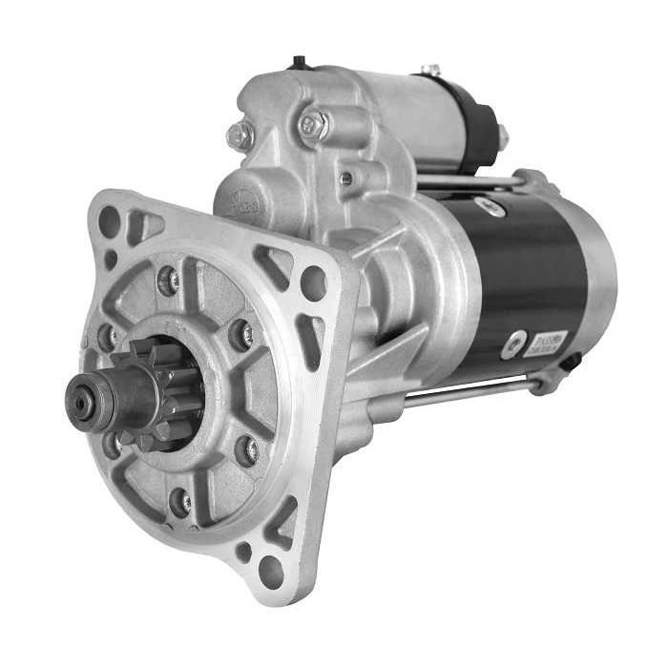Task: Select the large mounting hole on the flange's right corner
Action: (314, 282)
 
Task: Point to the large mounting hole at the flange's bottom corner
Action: (270, 572)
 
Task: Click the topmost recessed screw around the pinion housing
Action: (169, 280)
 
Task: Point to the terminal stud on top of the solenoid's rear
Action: (431, 71)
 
